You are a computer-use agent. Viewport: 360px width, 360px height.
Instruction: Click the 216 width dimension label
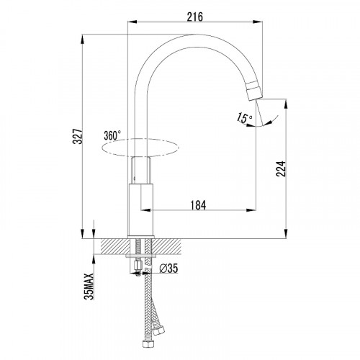point(195,17)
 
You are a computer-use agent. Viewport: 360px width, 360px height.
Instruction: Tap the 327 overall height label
point(78,136)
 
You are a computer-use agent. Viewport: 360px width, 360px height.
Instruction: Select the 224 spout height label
point(281,169)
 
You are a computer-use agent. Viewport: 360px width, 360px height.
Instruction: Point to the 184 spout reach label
point(198,205)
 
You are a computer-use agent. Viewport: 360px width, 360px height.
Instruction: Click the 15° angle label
point(244,118)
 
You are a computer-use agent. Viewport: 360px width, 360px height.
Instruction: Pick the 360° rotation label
point(112,135)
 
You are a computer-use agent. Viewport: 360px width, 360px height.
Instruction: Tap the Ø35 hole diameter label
point(169,269)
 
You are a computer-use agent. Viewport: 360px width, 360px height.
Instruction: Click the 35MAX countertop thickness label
point(89,287)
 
